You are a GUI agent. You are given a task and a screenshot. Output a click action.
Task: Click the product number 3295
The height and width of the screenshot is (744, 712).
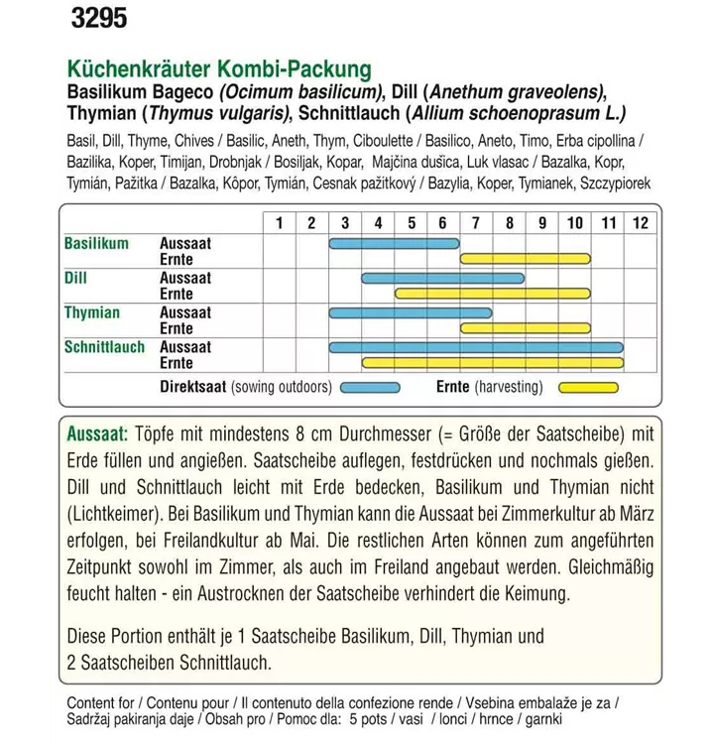pos(100,19)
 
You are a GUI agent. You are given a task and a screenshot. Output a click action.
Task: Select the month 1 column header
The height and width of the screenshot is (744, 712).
pos(279,223)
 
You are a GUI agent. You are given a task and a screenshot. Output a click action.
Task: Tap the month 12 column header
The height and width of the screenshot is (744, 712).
pos(640,223)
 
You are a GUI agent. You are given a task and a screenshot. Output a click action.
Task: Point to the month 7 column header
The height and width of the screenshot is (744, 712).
pos(476,223)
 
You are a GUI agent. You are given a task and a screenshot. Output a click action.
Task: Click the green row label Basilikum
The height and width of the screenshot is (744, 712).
pos(96,243)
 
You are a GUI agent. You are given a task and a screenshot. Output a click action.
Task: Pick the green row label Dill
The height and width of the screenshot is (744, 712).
pos(76,279)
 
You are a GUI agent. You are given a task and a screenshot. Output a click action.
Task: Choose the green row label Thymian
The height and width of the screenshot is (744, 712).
pos(92,313)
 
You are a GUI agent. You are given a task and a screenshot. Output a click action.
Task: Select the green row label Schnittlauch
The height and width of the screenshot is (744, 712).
pos(104,348)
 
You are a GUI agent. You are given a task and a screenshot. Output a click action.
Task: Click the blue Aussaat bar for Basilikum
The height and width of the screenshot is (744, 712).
pos(394,243)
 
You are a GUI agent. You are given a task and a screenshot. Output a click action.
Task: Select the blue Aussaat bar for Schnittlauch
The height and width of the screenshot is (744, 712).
pos(475,347)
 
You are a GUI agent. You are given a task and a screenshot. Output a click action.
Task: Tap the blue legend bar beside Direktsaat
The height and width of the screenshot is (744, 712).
pos(370,388)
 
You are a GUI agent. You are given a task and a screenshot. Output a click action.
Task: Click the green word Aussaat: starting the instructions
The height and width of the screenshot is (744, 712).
pos(97,435)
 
